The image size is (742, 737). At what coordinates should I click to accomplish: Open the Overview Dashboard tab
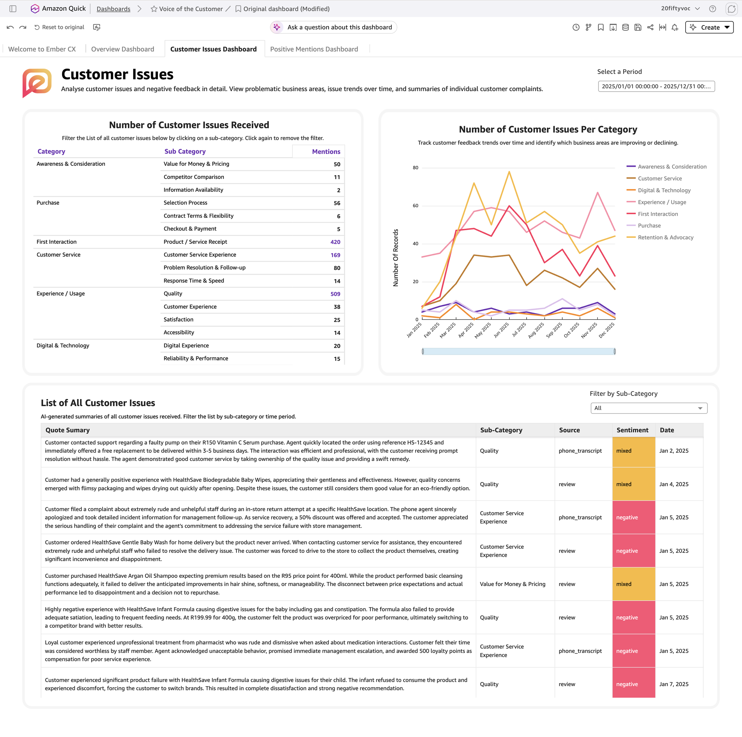pyautogui.click(x=123, y=49)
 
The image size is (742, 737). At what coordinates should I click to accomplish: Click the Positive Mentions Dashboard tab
pyautogui.click(x=314, y=49)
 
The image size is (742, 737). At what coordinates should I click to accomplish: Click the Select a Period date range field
pyautogui.click(x=656, y=86)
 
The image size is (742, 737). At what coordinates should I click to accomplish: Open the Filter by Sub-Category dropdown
pyautogui.click(x=649, y=408)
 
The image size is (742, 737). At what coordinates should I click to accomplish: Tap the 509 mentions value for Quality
pyautogui.click(x=335, y=294)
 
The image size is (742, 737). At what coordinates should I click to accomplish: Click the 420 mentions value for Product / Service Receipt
pyautogui.click(x=335, y=242)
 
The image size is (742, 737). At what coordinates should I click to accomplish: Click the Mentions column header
pyautogui.click(x=326, y=151)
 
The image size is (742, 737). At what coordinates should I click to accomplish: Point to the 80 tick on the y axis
pyautogui.click(x=416, y=168)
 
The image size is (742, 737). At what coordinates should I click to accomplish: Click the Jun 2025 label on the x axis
pyautogui.click(x=501, y=330)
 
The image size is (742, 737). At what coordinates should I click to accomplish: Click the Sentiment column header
pyautogui.click(x=632, y=430)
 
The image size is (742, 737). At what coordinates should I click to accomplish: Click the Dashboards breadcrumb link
pyautogui.click(x=113, y=9)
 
